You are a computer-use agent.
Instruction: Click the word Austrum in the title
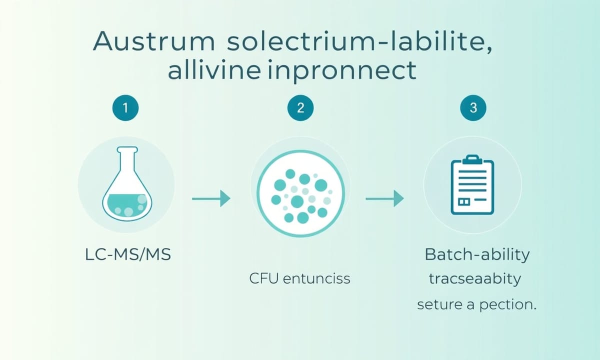(154, 41)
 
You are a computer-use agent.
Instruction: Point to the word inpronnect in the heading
(342, 70)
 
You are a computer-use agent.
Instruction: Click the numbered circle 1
(125, 107)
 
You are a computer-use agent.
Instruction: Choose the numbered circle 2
(300, 107)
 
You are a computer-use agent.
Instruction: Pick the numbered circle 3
(473, 107)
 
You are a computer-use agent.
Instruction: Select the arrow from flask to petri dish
(211, 198)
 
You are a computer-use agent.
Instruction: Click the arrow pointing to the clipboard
(384, 198)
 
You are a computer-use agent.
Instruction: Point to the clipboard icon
(472, 184)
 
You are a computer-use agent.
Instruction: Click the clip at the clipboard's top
(472, 159)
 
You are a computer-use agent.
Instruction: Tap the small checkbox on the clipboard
(464, 201)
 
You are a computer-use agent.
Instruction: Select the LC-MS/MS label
(128, 254)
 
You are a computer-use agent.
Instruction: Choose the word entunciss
(316, 278)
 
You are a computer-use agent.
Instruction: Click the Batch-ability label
(477, 255)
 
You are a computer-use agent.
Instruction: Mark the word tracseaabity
(475, 279)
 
